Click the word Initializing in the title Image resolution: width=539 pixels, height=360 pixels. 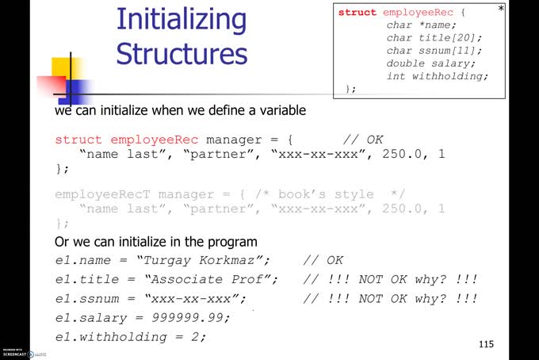tap(182, 19)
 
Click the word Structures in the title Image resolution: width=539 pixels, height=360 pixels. tap(182, 54)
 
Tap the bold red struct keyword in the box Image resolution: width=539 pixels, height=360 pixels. tap(357, 13)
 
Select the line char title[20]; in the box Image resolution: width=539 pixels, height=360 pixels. tap(434, 38)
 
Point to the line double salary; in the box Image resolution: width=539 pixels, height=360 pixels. tap(431, 63)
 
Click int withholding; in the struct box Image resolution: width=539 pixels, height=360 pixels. tap(438, 76)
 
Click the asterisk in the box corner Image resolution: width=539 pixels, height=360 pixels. tap(501, 10)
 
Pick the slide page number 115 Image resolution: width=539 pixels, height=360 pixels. tap(486, 344)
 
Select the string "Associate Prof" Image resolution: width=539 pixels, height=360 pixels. tap(210, 279)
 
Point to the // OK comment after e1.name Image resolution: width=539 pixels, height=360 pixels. tap(323, 260)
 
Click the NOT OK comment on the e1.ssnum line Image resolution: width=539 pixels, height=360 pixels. tap(391, 298)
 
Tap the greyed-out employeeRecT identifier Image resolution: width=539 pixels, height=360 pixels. tap(103, 194)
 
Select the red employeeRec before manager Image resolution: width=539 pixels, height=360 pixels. tap(154, 140)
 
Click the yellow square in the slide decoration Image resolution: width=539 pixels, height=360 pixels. tap(63, 68)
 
